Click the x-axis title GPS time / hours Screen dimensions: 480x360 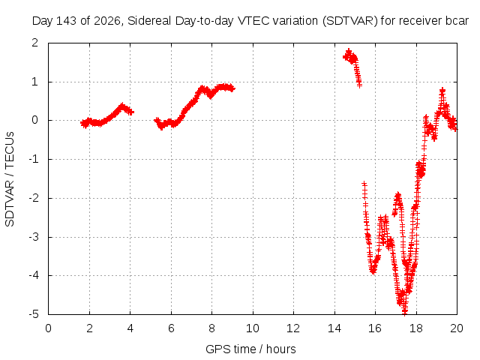tap(250, 349)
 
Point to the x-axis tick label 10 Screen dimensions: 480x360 tap(253, 328)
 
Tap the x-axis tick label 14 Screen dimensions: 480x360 tap(334, 328)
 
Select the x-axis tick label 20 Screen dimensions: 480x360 tap(457, 328)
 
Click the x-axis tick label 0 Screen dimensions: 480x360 tap(48, 328)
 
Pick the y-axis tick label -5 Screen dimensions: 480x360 tap(34, 314)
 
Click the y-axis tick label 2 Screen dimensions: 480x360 tap(35, 43)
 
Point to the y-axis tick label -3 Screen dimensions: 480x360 tap(34, 237)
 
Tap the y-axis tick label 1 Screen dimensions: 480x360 tap(35, 82)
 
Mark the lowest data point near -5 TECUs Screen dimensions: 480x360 tap(405, 313)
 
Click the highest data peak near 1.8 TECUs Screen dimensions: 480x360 tap(348, 51)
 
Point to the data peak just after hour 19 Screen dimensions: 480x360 tap(442, 90)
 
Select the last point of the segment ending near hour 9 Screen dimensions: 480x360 tap(232, 88)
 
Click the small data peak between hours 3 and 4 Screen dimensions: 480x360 tap(122, 106)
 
